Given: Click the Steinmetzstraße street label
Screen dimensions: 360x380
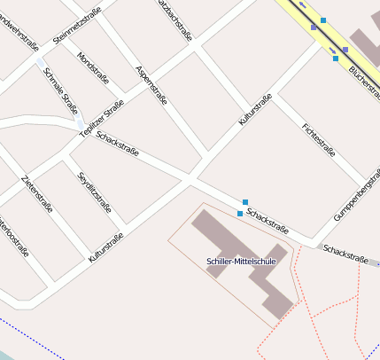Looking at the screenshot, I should pyautogui.click(x=78, y=25).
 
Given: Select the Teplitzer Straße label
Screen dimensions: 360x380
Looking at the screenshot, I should pyautogui.click(x=102, y=118).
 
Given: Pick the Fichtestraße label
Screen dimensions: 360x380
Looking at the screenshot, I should pyautogui.click(x=318, y=140).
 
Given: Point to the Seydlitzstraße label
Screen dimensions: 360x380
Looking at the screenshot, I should pyautogui.click(x=94, y=194).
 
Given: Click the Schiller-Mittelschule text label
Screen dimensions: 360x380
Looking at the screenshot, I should pyautogui.click(x=242, y=262).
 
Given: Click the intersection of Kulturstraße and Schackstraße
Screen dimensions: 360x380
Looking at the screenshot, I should pyautogui.click(x=191, y=180).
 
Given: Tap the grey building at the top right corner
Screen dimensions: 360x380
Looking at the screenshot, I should pyautogui.click(x=364, y=40).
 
